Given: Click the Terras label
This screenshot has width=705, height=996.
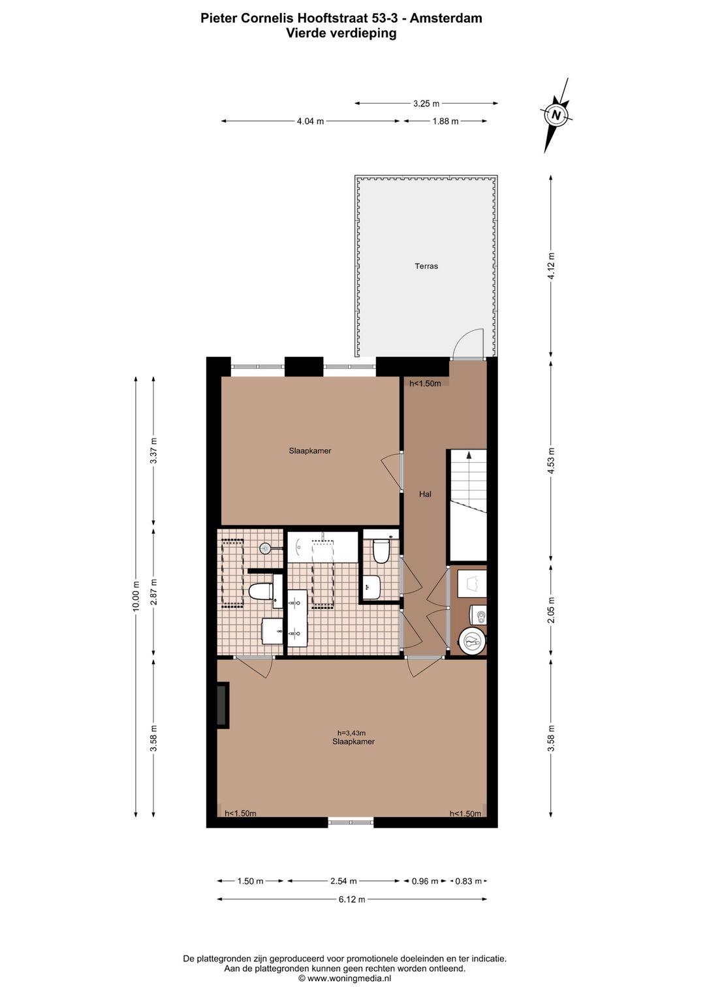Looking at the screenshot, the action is (426, 266).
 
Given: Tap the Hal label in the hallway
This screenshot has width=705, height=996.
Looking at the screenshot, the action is (425, 494).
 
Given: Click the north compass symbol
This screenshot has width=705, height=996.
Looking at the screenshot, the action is (556, 115).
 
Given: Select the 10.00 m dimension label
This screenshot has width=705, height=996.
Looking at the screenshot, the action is (136, 597).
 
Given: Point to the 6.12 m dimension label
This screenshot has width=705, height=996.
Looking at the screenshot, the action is (352, 899).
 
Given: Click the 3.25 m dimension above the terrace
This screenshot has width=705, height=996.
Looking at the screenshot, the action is (426, 104).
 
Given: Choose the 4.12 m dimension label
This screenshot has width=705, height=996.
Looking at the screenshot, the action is (552, 266).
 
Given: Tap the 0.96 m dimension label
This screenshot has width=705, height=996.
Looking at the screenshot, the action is (425, 881).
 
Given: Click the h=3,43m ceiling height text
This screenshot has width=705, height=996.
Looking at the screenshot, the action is (351, 733).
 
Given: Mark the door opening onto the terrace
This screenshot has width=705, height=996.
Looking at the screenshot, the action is (467, 345).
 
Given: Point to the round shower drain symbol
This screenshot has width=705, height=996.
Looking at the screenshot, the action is (266, 549).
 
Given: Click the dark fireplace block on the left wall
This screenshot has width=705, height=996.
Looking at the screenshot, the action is (223, 706).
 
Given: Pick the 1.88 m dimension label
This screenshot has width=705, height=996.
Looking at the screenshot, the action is (445, 121).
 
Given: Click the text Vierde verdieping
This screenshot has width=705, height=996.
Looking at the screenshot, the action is (341, 33).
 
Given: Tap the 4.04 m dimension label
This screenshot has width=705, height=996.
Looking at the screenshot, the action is (310, 121).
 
